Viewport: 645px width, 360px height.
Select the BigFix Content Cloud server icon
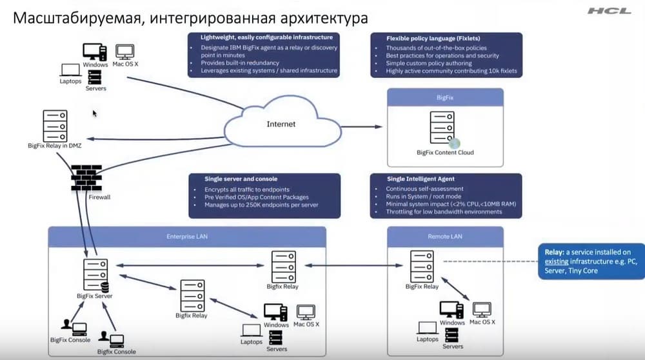point(441,128)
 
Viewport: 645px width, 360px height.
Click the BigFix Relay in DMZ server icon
point(55,125)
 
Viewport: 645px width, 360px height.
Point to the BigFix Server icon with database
point(95,274)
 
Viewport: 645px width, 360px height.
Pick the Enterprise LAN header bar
point(187,237)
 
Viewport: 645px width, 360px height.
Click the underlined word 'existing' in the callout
point(557,261)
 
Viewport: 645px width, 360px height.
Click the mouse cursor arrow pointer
point(95,114)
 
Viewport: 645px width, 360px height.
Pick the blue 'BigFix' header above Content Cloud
point(445,97)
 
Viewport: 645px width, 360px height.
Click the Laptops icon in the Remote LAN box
point(428,327)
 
